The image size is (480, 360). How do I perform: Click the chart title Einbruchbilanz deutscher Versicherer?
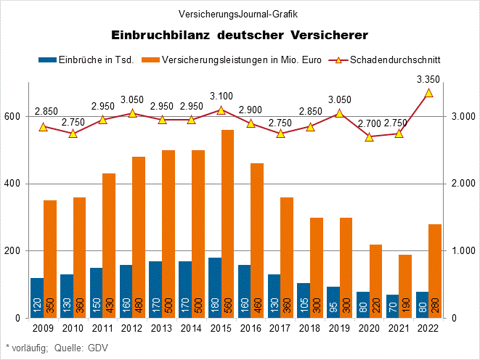[240, 35]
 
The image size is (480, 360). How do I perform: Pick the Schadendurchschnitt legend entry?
[395, 60]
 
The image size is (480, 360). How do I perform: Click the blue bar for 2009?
[37, 298]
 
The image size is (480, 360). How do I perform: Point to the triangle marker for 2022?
[428, 93]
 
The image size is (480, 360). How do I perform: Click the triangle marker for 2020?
[370, 136]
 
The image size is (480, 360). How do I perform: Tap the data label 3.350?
[428, 79]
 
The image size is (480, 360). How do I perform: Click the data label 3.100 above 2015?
[221, 96]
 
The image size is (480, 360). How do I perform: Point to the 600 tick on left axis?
[11, 116]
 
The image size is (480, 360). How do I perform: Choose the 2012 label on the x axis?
[131, 328]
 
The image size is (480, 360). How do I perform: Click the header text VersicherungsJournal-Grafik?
[240, 14]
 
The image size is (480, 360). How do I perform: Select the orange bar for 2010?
[79, 258]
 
